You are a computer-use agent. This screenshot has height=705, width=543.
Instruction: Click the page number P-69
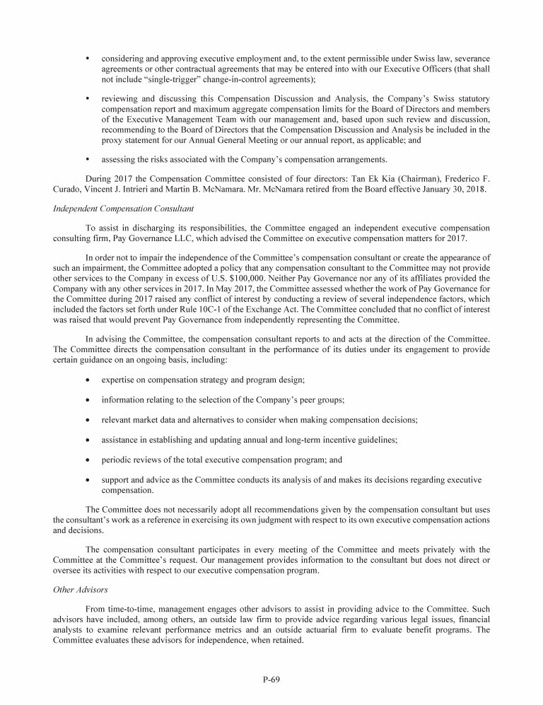pos(271,680)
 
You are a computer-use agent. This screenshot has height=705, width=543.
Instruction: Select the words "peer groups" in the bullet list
pos(322,400)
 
